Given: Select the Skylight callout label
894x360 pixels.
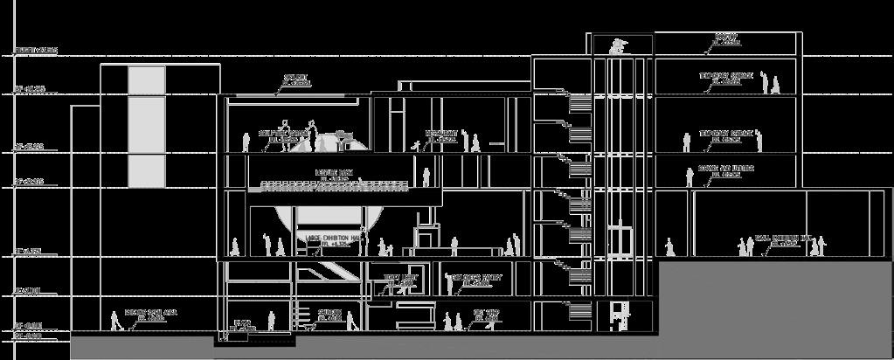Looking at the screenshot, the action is tap(296, 81).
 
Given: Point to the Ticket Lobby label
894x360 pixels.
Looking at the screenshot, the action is tap(401, 280).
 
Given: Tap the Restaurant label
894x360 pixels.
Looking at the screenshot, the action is tap(441, 136).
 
